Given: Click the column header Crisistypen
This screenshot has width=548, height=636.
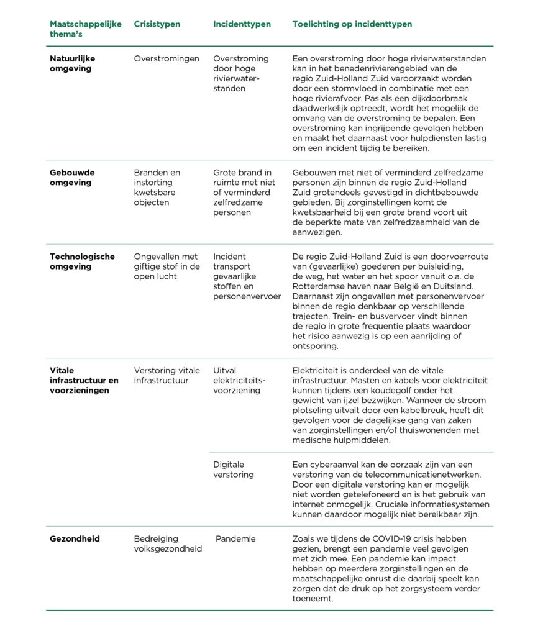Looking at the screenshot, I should (x=157, y=24).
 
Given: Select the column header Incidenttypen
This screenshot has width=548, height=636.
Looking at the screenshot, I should (x=242, y=24).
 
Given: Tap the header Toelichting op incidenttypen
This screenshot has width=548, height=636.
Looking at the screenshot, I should (x=352, y=24).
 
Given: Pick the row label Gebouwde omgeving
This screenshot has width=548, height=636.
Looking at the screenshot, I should (x=72, y=178).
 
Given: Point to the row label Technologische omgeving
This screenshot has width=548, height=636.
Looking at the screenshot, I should (x=82, y=261).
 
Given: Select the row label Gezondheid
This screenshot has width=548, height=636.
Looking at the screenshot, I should (x=75, y=538).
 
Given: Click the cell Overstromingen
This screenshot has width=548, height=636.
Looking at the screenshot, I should (x=167, y=58).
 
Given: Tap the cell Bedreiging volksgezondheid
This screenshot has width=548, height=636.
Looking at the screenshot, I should (x=168, y=543).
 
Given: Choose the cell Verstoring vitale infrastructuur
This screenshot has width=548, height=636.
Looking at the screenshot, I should (x=167, y=376).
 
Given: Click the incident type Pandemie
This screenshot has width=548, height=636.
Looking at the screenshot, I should (x=235, y=538).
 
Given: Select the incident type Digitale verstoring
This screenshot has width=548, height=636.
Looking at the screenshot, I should (x=234, y=470).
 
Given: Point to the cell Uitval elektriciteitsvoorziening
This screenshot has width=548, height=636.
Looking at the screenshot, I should (x=239, y=381).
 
